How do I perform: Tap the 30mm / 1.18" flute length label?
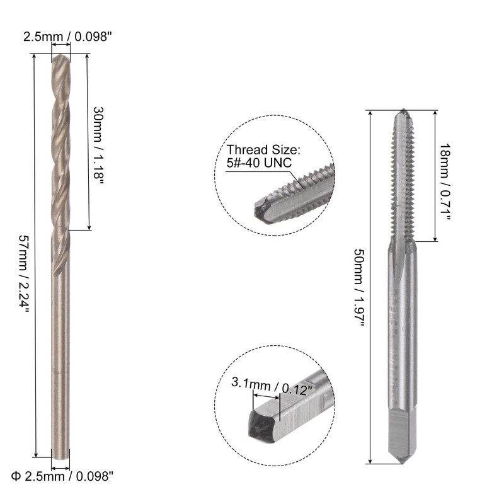click(x=98, y=142)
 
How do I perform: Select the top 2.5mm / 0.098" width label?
click(x=68, y=37)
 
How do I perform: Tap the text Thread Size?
click(x=264, y=150)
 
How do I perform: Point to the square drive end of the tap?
click(x=401, y=435)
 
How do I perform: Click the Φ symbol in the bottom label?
click(x=15, y=476)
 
